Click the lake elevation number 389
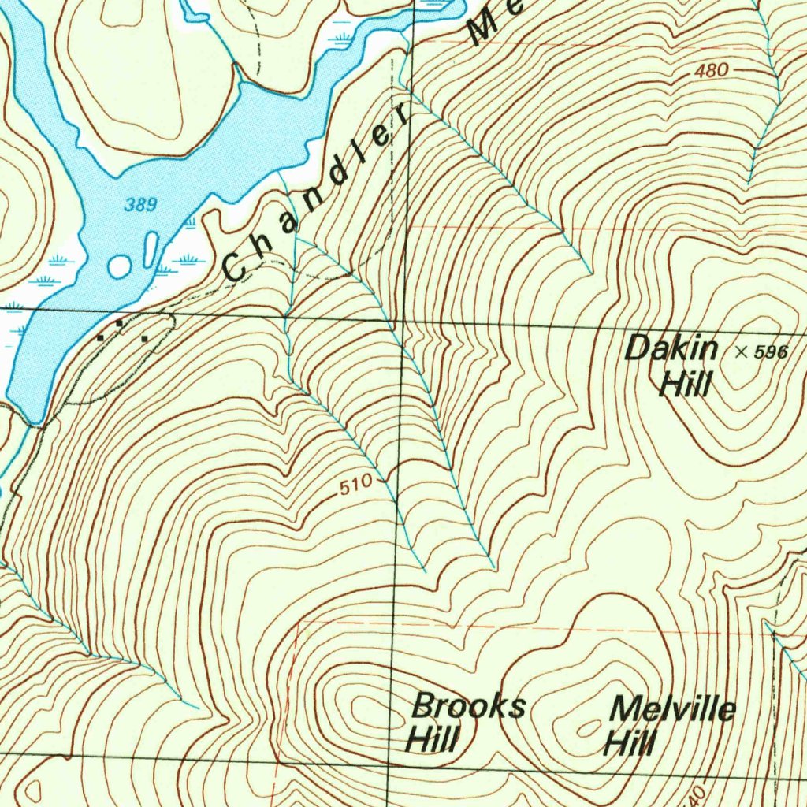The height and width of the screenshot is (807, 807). point(141,205)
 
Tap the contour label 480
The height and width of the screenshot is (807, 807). point(712,71)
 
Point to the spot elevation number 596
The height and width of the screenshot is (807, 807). point(770,352)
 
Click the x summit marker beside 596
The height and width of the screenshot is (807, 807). point(741,351)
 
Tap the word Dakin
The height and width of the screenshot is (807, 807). point(671,348)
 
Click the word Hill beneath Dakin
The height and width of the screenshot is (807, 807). point(686,386)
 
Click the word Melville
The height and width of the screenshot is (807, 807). point(674,708)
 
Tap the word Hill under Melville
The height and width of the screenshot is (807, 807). point(630,742)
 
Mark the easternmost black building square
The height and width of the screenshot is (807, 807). point(145,339)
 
